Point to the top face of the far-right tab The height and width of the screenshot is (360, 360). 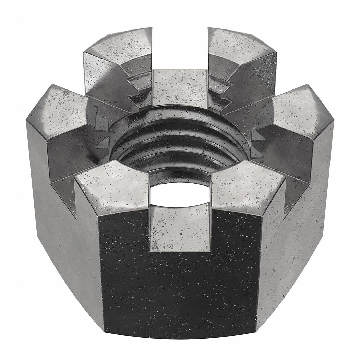[302, 110]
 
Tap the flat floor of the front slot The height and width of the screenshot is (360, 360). [180, 225]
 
